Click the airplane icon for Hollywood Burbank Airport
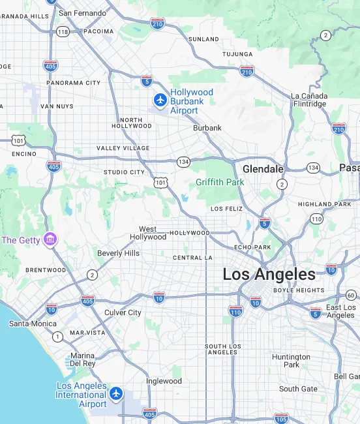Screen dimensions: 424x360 point(160,100)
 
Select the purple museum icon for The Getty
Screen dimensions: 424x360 point(50,240)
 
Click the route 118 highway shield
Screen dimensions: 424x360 point(63,31)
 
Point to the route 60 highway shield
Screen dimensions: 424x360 point(351,295)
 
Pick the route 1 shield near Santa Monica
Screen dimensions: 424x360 point(58,337)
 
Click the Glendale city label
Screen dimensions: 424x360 point(263,169)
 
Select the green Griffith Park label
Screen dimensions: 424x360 point(220,182)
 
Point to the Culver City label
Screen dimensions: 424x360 point(123,312)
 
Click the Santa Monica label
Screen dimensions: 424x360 point(33,323)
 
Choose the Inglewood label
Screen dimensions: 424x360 point(163,381)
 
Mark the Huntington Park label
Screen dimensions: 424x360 point(291,361)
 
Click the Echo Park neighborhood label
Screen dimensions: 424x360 point(252,248)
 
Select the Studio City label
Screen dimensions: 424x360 point(124,172)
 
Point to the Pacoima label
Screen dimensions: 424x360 point(98,31)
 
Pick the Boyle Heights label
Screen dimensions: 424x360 point(299,290)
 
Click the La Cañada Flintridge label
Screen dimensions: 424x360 point(308,100)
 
